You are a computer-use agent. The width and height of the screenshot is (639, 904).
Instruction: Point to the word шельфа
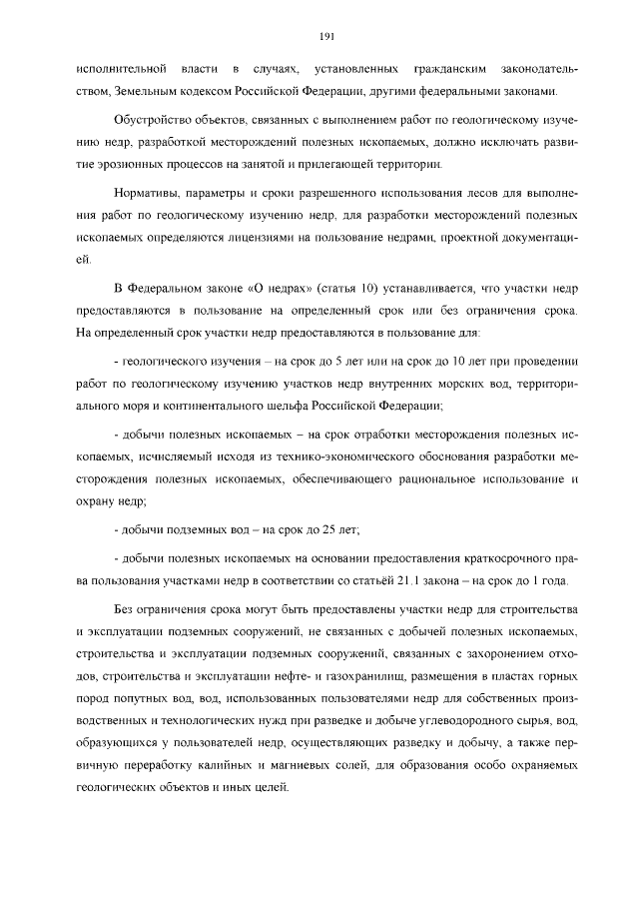(x=296, y=403)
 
